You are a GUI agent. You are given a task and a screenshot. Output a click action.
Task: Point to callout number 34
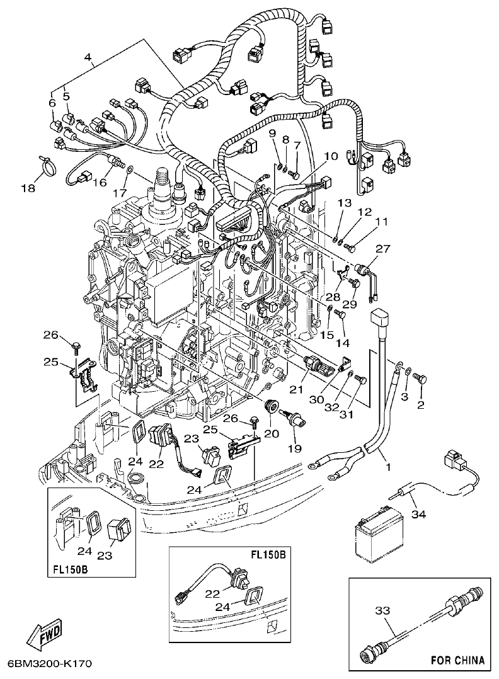click(x=418, y=515)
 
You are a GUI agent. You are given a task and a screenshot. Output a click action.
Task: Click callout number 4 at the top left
click(x=89, y=60)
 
